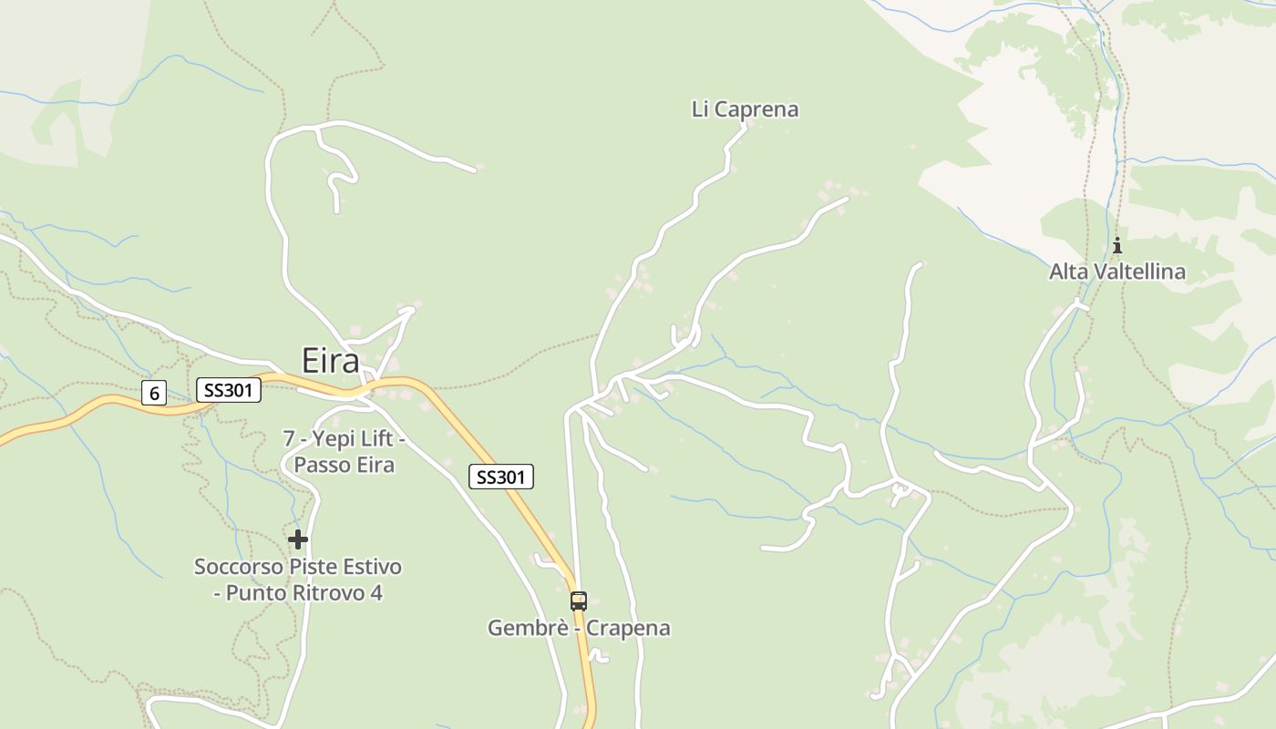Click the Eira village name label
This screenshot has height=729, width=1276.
click(331, 362)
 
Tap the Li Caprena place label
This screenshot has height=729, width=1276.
click(745, 109)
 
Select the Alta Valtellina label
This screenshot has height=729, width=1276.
click(1116, 272)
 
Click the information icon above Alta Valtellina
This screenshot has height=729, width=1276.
click(1116, 245)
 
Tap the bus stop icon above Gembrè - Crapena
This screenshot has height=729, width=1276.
click(579, 601)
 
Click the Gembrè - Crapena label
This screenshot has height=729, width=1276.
click(579, 628)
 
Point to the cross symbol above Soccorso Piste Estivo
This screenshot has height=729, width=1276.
click(298, 539)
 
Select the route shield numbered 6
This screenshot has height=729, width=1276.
click(154, 394)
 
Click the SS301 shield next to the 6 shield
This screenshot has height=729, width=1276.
click(229, 391)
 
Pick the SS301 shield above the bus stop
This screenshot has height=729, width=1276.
click(500, 477)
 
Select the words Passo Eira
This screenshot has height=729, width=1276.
click(344, 465)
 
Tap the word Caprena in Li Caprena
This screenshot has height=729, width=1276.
click(756, 109)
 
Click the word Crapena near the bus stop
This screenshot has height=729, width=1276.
click(628, 628)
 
